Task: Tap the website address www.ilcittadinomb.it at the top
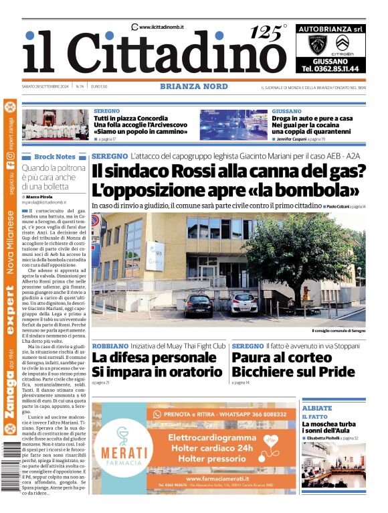(x=161, y=26)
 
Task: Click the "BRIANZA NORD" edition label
(x=193, y=86)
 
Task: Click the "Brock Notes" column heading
(x=55, y=156)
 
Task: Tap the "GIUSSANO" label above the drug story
(x=286, y=111)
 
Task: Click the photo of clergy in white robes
(x=56, y=125)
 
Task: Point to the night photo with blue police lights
(x=233, y=125)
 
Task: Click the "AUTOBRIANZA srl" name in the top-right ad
(x=330, y=29)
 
